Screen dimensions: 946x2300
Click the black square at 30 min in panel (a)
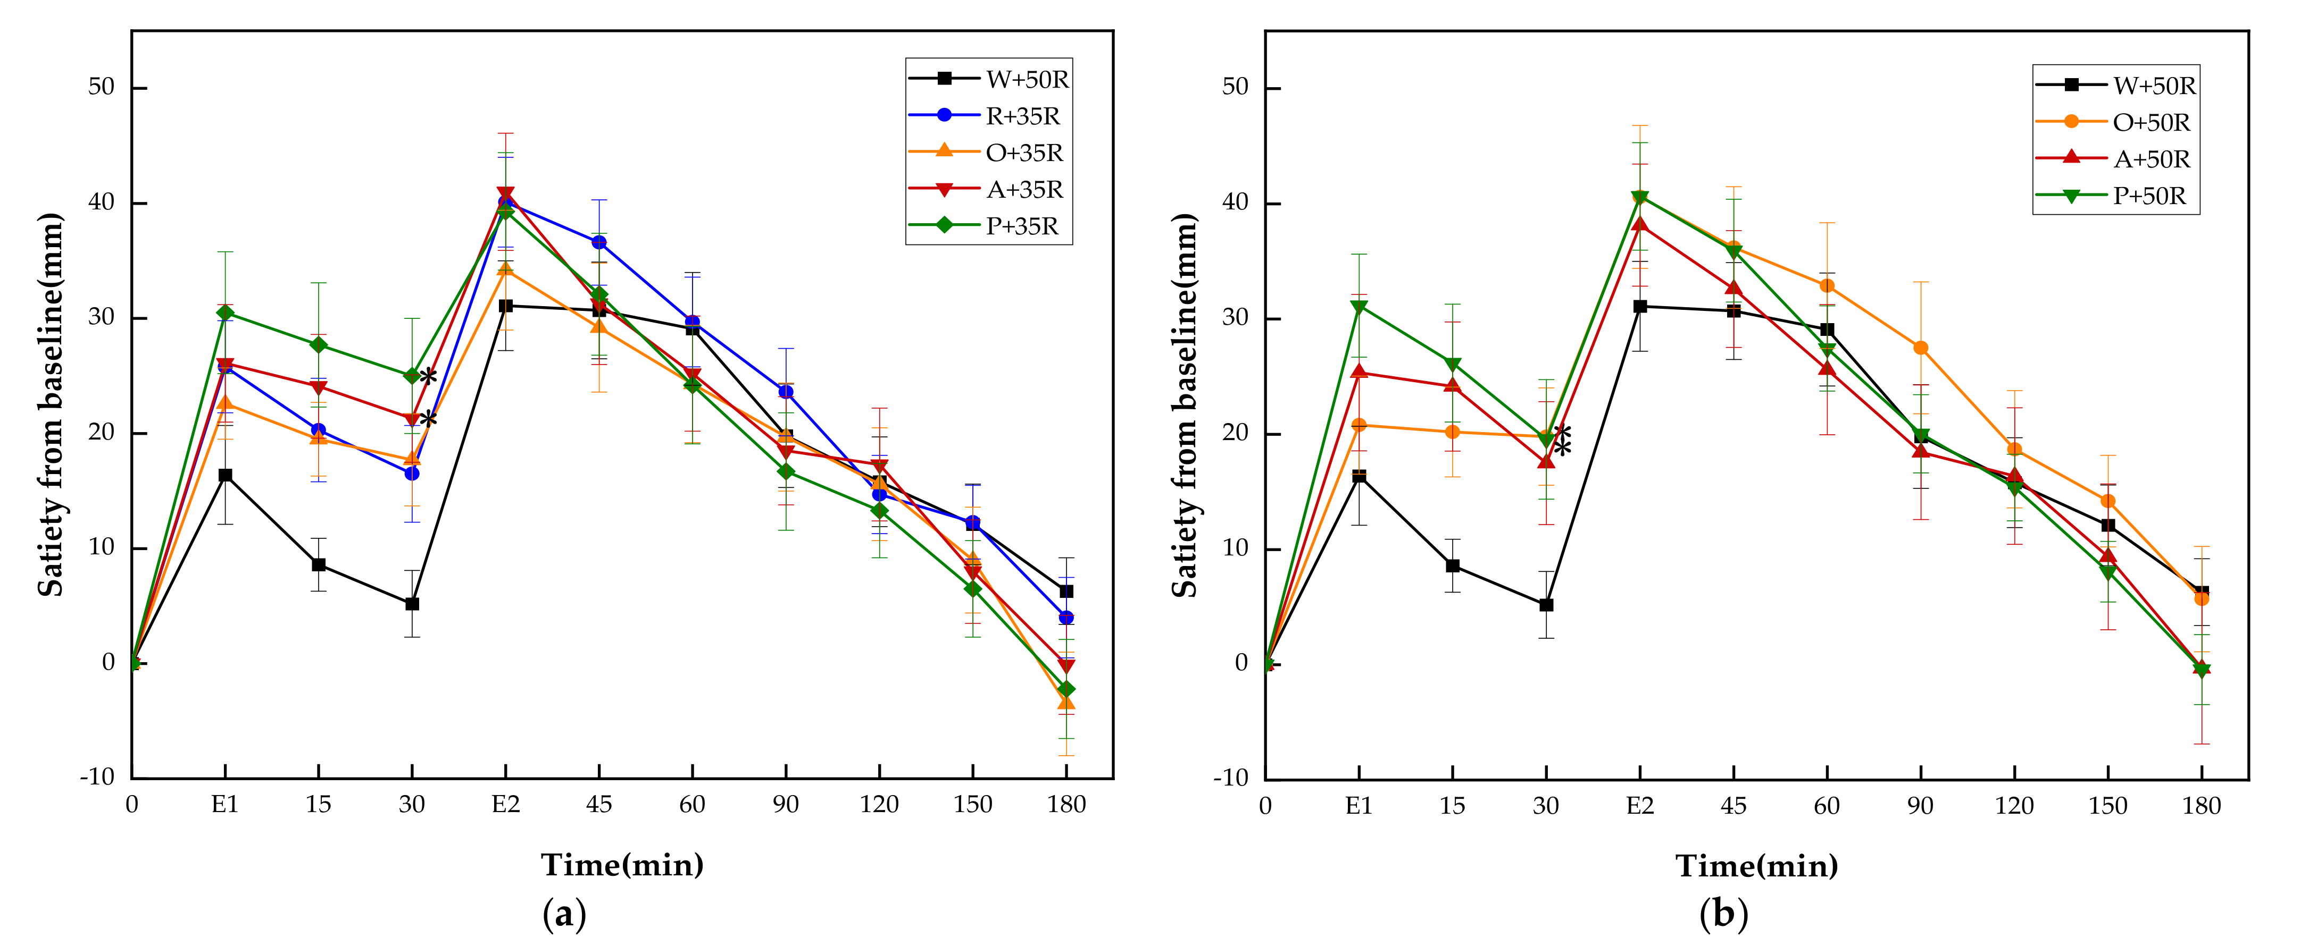click(412, 604)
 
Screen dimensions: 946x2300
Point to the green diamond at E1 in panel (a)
click(225, 312)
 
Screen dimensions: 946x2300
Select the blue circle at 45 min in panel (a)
click(598, 242)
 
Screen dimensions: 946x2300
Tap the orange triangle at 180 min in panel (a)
click(1066, 703)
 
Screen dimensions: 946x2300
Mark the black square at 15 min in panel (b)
click(1453, 566)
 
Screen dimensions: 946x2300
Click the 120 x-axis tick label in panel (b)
click(2014, 806)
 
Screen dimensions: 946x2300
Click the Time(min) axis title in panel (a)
click(622, 865)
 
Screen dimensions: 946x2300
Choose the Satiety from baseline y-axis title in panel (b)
click(1184, 404)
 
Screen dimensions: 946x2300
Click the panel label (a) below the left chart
click(564, 914)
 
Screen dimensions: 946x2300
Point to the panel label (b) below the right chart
click(1723, 914)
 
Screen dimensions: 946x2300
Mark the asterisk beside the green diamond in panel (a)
click(429, 377)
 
